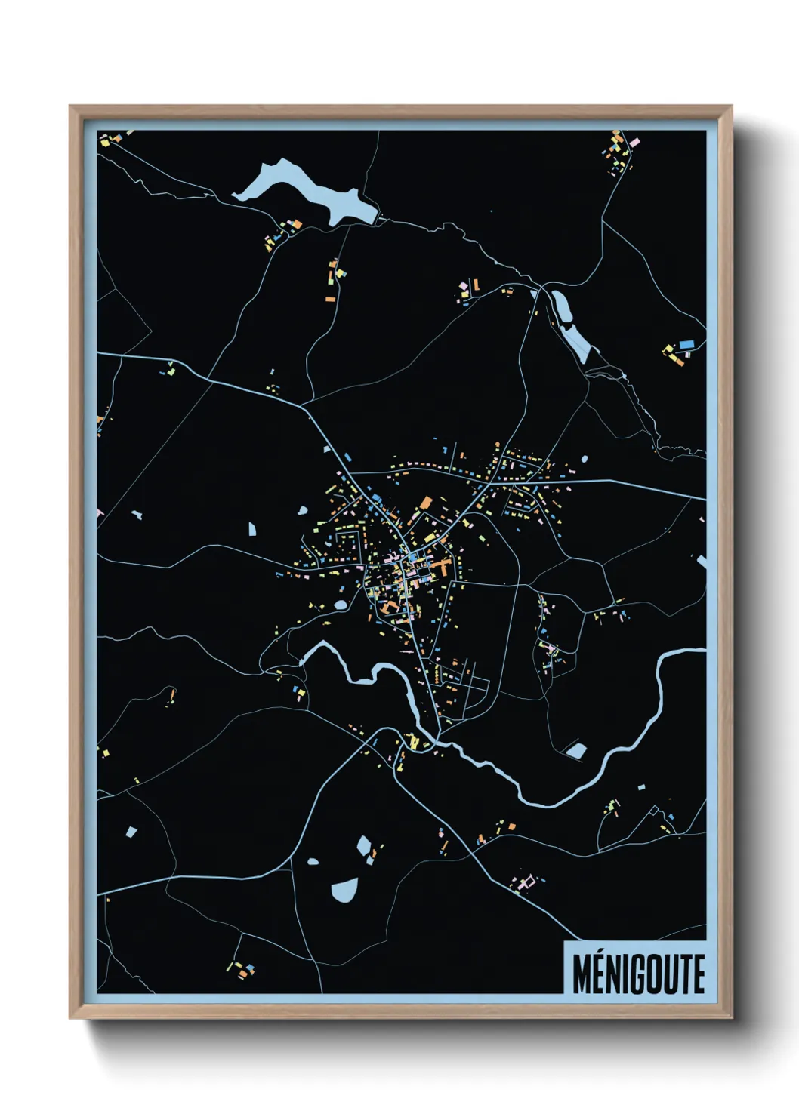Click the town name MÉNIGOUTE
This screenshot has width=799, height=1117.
click(638, 974)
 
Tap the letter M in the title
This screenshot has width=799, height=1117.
click(582, 974)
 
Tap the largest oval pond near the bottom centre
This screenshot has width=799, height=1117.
click(344, 890)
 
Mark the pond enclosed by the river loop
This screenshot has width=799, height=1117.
click(576, 750)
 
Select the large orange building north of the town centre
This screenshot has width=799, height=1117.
click(426, 503)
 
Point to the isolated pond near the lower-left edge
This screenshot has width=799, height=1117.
click(131, 832)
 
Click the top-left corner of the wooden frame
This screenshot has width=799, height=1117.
click(72, 108)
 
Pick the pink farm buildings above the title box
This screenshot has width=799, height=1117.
click(526, 881)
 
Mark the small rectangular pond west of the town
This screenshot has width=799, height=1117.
click(253, 529)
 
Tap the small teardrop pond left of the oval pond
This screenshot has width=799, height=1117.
click(313, 860)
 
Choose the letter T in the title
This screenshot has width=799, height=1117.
click(682, 974)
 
